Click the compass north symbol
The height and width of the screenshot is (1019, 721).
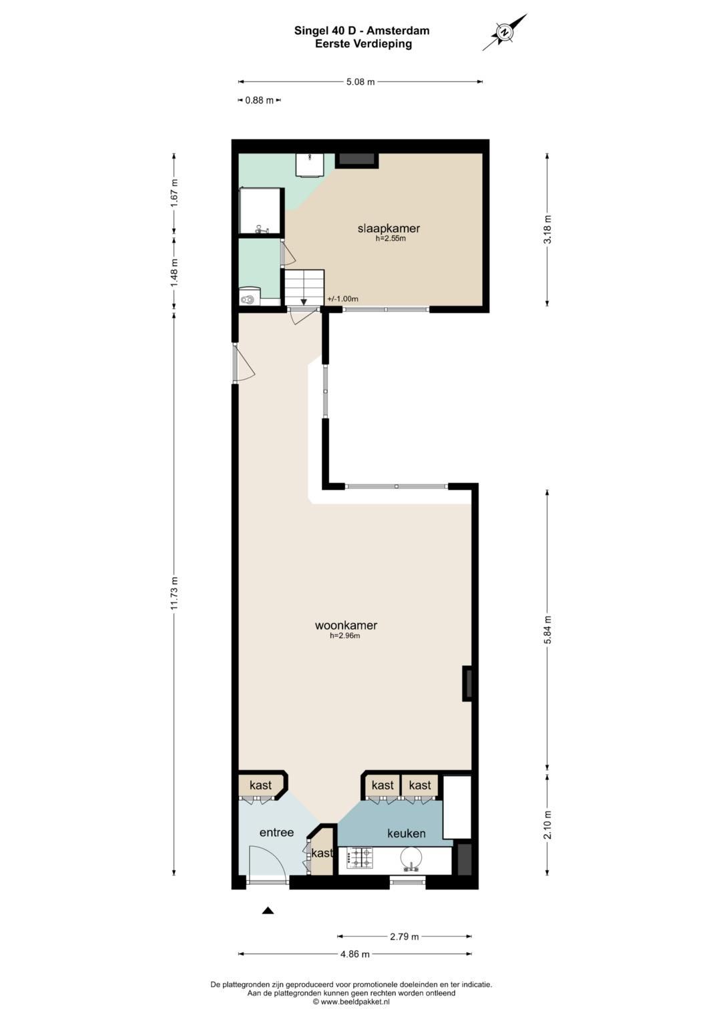coord(504,32)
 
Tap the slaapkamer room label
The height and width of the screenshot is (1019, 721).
coord(389,228)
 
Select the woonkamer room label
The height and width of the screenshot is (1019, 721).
coord(346,625)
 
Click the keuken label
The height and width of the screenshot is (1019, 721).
coord(407,833)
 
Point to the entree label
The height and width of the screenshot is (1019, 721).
coord(276,833)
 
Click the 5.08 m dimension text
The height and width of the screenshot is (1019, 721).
coord(360,82)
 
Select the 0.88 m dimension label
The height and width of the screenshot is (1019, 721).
coord(260,101)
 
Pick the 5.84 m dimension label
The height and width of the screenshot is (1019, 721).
coord(547,629)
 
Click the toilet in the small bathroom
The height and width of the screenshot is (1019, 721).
coord(248,299)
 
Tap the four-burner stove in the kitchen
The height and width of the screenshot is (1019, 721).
coord(360,858)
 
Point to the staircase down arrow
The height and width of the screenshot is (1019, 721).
coord(304,302)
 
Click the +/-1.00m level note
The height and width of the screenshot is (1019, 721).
coord(342,299)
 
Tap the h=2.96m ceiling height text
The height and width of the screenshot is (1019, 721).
coord(345,636)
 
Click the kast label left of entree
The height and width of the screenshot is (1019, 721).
coord(260,785)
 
